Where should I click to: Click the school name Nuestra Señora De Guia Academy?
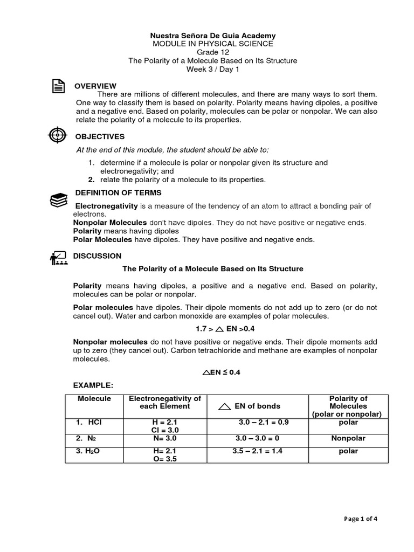click(x=212, y=35)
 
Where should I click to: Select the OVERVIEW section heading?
click(x=95, y=86)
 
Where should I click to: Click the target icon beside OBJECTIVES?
click(x=58, y=135)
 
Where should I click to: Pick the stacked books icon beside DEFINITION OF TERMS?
click(x=58, y=200)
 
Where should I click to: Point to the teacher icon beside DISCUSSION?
click(x=58, y=258)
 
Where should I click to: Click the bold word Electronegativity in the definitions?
click(x=107, y=206)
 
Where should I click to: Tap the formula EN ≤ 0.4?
click(x=212, y=372)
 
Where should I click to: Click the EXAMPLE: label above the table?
click(x=93, y=386)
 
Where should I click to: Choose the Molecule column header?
click(x=94, y=398)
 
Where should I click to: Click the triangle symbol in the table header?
click(x=225, y=407)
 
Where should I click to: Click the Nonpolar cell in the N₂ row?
click(x=348, y=438)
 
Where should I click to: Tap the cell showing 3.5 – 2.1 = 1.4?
click(x=257, y=451)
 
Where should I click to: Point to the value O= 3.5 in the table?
click(x=165, y=459)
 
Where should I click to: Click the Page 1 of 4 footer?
click(x=361, y=519)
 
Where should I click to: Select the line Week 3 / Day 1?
click(x=212, y=70)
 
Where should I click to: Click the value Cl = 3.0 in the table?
click(x=165, y=430)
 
